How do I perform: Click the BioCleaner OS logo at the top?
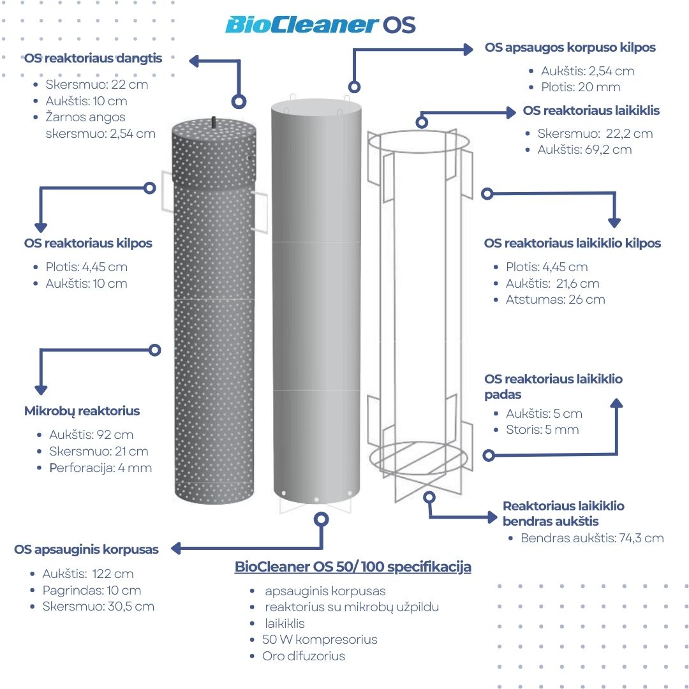tap(320, 25)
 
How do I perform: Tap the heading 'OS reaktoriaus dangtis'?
tap(93, 58)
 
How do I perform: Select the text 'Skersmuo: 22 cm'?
tap(97, 84)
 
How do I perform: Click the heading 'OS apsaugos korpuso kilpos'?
tap(570, 47)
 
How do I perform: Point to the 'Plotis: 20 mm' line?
tap(581, 87)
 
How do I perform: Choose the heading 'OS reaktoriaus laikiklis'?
tap(591, 110)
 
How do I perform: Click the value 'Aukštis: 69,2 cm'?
tap(584, 149)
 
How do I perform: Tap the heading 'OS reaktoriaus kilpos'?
tap(88, 243)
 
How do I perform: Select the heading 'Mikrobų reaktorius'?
tap(82, 411)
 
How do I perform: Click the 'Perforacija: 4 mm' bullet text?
tap(101, 468)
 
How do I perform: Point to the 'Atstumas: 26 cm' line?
tap(556, 299)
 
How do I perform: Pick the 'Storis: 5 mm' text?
tap(542, 429)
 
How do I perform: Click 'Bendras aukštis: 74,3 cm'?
tap(592, 538)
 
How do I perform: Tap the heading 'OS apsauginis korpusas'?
tap(87, 549)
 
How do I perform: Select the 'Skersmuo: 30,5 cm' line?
tap(98, 607)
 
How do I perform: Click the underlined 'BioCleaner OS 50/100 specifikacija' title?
tap(353, 567)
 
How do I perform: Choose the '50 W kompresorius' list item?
tap(320, 639)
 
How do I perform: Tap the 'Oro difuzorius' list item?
tap(304, 656)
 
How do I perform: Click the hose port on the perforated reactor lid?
tap(214, 122)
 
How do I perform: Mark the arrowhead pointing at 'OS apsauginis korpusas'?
tap(176, 549)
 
